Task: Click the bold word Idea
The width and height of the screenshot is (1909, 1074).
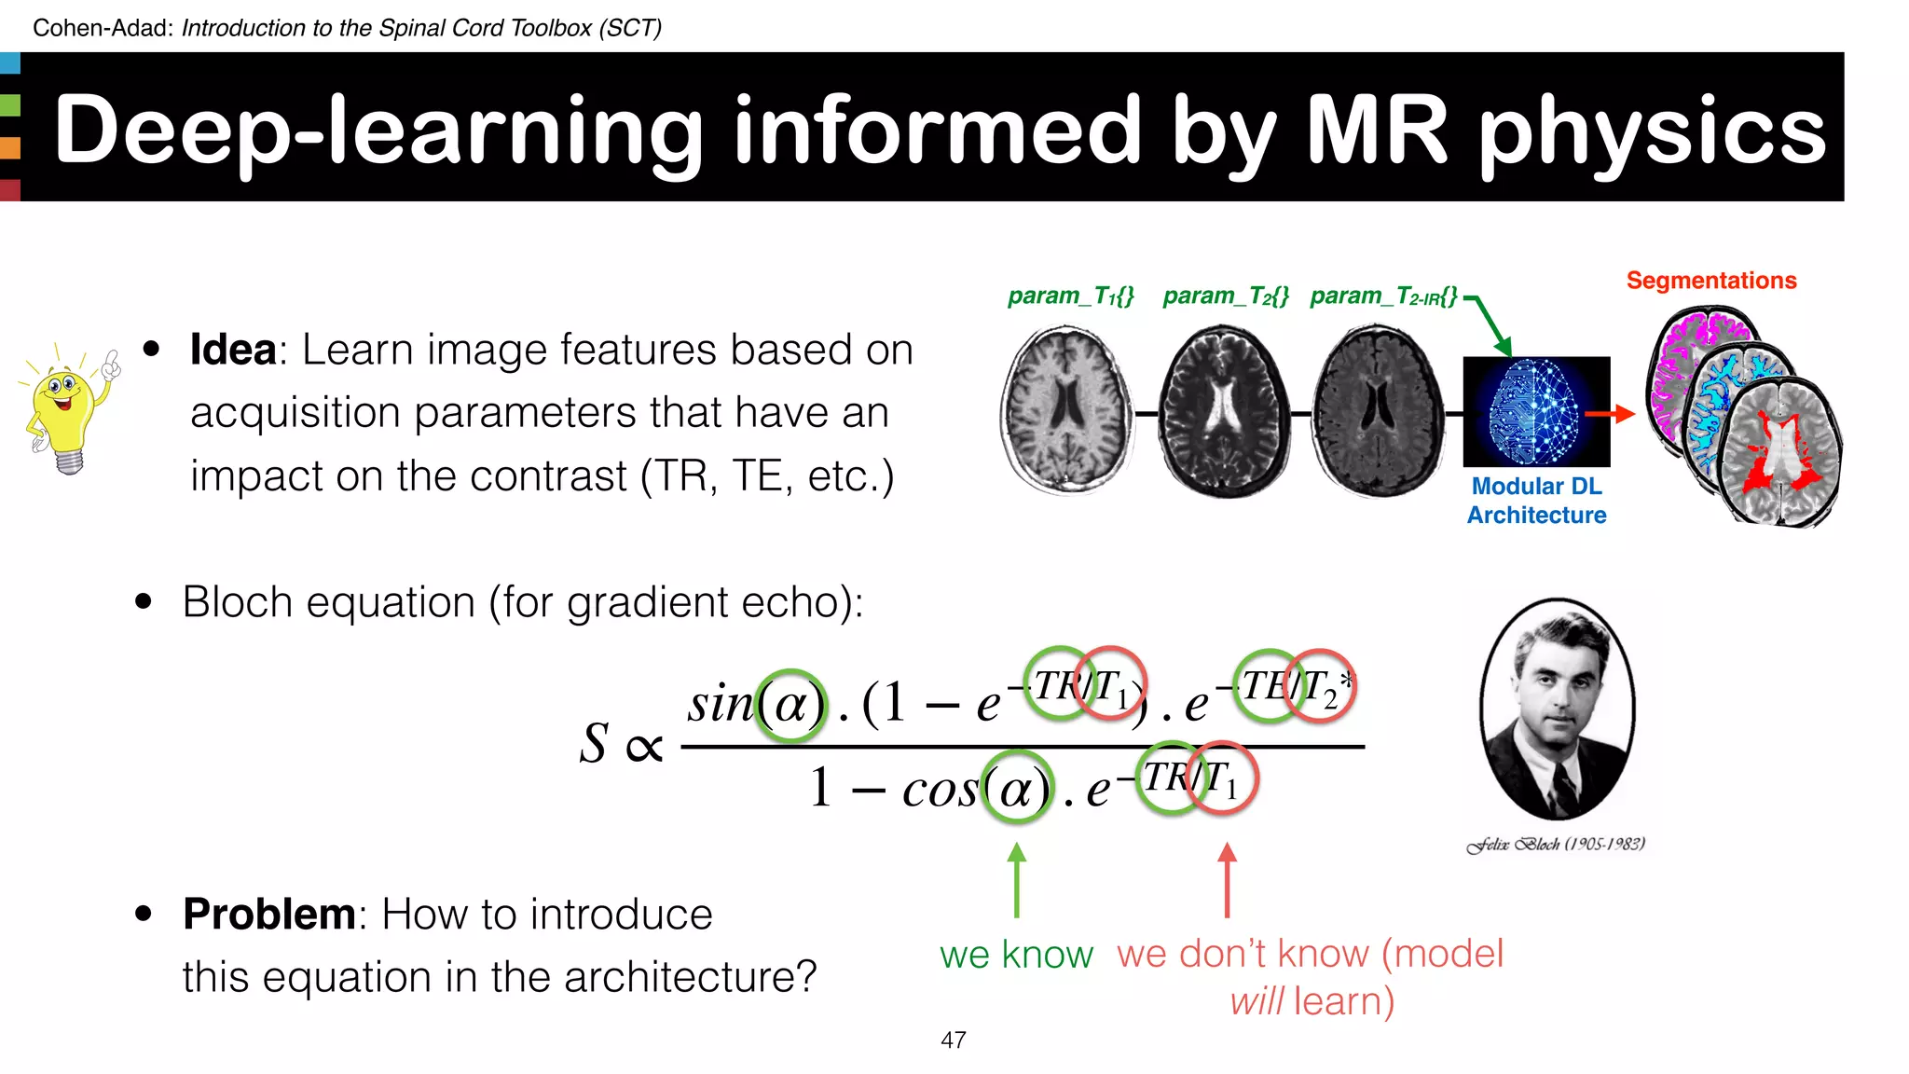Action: pos(232,351)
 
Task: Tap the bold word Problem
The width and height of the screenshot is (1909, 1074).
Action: pos(268,914)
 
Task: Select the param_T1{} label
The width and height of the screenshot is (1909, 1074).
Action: pos(1070,296)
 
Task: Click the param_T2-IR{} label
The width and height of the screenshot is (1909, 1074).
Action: pos(1382,296)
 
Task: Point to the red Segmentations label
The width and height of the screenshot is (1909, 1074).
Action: pos(1710,281)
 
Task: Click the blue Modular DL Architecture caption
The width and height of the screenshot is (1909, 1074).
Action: pos(1536,501)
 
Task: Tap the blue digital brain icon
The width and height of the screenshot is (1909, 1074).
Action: pos(1536,411)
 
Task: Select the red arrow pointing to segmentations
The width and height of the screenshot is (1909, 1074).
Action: pos(1610,413)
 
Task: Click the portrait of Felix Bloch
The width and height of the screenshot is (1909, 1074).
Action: pos(1557,709)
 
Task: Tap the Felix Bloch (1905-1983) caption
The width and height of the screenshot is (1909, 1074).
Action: pos(1556,845)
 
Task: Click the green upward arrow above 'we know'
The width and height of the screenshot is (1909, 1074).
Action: pos(1017,880)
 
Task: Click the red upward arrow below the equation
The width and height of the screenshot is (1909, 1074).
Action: pos(1228,880)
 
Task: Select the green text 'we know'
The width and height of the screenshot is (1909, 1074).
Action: pos(1016,955)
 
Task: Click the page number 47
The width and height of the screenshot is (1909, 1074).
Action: pos(953,1040)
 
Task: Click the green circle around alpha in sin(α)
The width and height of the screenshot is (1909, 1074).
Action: pos(790,706)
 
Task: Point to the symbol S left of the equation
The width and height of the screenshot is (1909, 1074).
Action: pos(594,744)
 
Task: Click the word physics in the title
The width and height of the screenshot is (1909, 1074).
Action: pos(1653,131)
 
